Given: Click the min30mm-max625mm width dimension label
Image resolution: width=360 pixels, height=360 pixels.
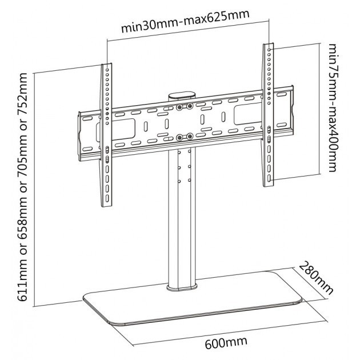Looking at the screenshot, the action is coord(185,21).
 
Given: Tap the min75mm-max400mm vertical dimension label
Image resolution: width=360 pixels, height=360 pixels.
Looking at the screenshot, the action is coord(333,107).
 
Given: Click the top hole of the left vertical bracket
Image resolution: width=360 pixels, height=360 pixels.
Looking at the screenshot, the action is coord(107,69).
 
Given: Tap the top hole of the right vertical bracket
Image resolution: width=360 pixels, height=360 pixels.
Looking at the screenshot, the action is coord(269,49).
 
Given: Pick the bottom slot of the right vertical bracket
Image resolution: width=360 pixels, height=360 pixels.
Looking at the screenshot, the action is coord(269,178).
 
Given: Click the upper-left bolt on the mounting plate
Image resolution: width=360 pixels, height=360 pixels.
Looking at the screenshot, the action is coord(179,107).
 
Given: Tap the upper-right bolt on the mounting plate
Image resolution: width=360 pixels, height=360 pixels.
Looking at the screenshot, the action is coord(189,106).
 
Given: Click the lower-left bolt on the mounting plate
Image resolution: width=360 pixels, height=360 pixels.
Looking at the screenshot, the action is coord(179,138).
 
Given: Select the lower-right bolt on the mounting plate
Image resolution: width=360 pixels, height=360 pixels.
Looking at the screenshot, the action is coord(190,137).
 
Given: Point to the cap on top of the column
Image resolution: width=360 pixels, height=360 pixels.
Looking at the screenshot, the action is coord(182,96).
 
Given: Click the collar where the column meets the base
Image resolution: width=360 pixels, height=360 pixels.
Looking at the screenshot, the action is coord(182,287).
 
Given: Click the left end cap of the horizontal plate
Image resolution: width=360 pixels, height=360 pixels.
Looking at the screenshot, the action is coord(80,137).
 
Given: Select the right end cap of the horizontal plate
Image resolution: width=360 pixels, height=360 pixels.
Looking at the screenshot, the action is coord(292,110).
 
